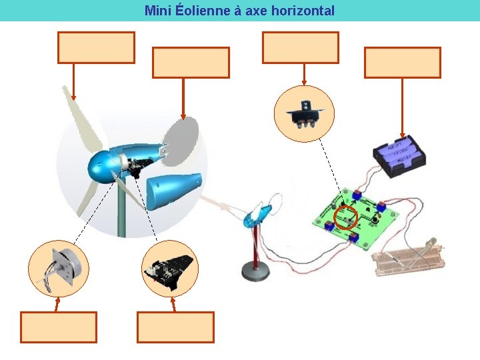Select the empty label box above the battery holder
pyautogui.click(x=402, y=63)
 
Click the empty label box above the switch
pyautogui.click(x=300, y=47)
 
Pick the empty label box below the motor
pyautogui.click(x=59, y=327)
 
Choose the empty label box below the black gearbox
pyautogui.click(x=175, y=327)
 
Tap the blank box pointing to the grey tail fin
pyautogui.click(x=191, y=63)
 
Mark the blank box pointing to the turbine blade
pyautogui.click(x=96, y=47)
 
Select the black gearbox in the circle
pyautogui.click(x=171, y=269)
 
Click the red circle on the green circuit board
pyautogui.click(x=345, y=217)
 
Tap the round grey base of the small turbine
pyautogui.click(x=254, y=269)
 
